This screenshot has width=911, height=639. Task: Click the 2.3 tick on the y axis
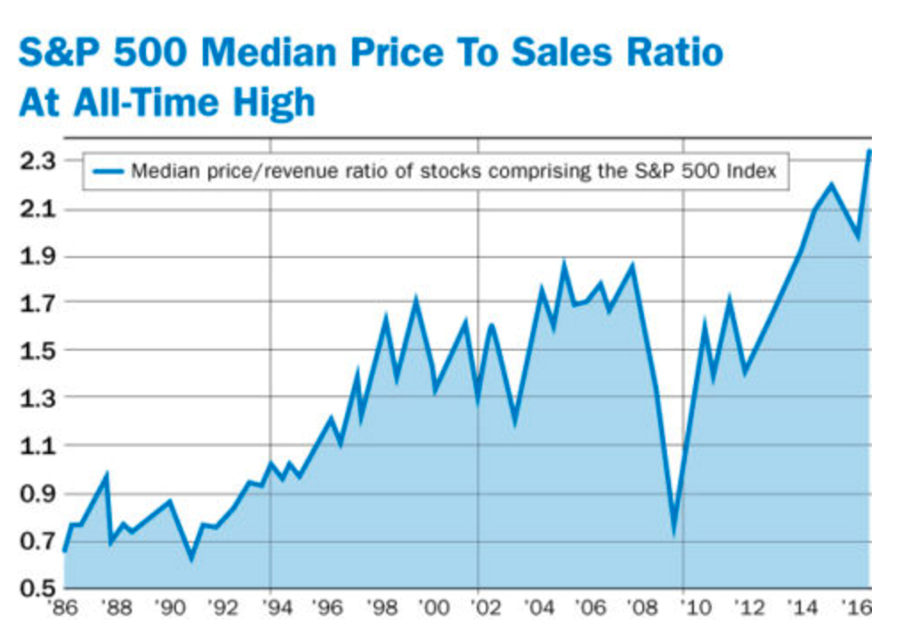point(36,161)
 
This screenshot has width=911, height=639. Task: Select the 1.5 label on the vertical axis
point(36,351)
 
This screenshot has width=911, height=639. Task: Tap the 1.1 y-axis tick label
point(36,446)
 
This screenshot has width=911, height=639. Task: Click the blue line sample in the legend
point(107,171)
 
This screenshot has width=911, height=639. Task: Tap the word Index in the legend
point(755,171)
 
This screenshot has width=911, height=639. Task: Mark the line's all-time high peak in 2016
point(869,151)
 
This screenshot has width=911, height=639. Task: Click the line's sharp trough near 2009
point(674,532)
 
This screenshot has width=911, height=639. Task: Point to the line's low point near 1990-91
point(190,558)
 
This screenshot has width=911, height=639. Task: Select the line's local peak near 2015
point(831,185)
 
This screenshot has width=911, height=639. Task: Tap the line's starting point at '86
point(64,551)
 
